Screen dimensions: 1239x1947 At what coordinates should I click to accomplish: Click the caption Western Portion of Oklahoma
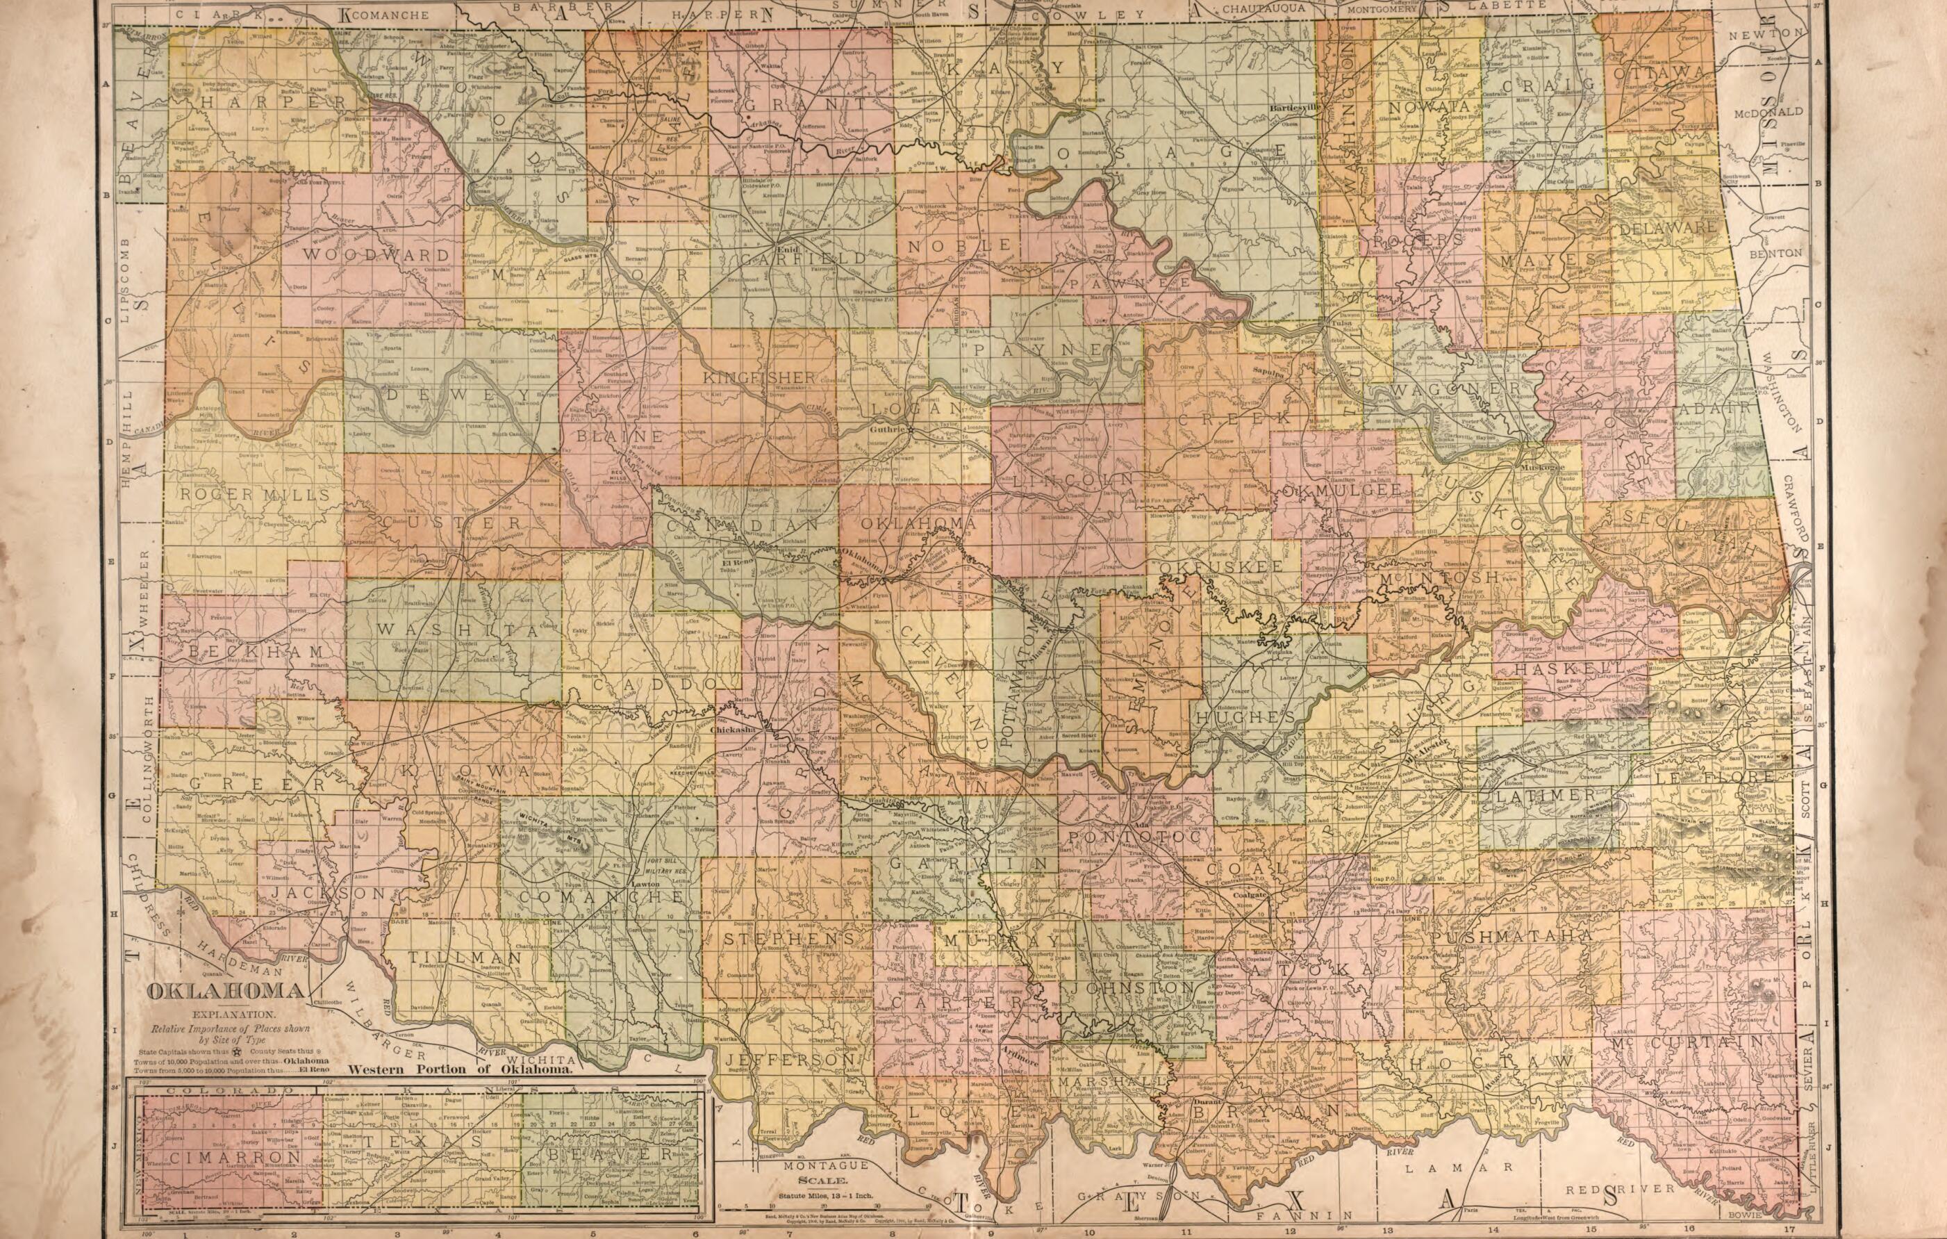pos(460,1068)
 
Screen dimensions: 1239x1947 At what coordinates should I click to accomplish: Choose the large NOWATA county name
pos(1429,106)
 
